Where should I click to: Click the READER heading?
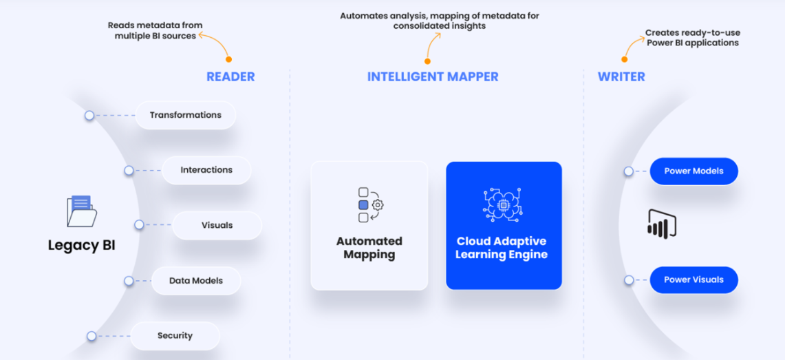230,76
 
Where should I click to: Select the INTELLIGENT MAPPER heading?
433,76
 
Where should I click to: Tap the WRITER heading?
621,76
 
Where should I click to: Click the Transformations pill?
186,115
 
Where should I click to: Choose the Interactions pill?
206,170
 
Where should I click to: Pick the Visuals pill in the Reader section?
217,225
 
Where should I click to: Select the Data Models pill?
196,281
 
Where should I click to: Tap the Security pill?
175,336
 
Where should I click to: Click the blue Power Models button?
693,171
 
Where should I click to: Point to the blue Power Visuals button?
693,280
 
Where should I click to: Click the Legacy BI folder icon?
82,211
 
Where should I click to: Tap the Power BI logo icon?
662,224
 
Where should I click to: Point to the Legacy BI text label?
82,245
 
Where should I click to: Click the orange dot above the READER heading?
229,60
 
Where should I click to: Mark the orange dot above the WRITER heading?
625,60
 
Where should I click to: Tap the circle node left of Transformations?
89,116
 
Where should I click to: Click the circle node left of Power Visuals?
628,280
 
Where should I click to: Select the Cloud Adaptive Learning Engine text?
502,248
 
